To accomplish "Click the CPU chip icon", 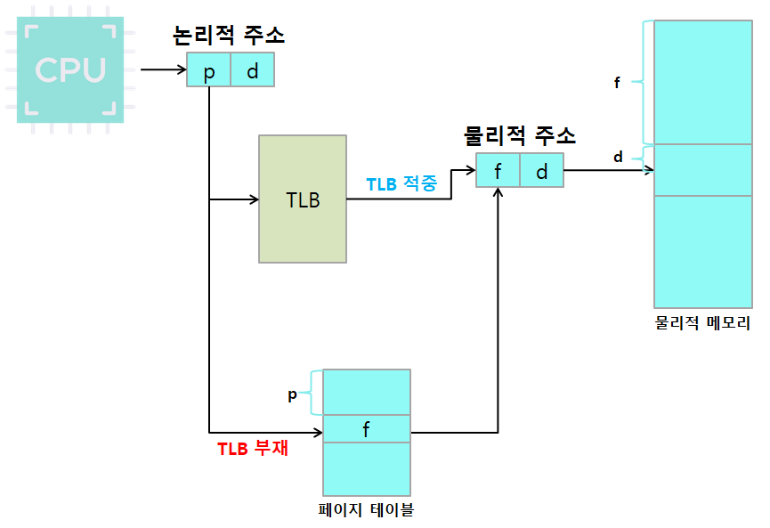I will point(70,71).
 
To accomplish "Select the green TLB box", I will point(303,199).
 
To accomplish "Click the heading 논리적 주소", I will point(230,37).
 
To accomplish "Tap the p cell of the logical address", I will point(209,70).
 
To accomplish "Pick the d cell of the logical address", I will point(252,70).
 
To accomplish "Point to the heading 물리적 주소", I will point(520,136).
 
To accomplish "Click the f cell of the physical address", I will point(498,170).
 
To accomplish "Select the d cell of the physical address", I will point(541,170).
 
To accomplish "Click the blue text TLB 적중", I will point(401,184).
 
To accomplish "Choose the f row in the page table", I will point(366,428).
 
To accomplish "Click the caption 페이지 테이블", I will point(366,510).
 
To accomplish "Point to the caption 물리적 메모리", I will point(702,322).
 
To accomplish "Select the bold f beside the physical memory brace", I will point(617,83).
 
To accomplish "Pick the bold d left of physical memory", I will point(618,158).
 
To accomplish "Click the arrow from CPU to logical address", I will point(163,69).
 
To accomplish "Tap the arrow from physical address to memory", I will point(608,170).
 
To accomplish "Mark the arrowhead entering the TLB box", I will point(253,199).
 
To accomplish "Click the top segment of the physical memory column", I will point(702,82).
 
